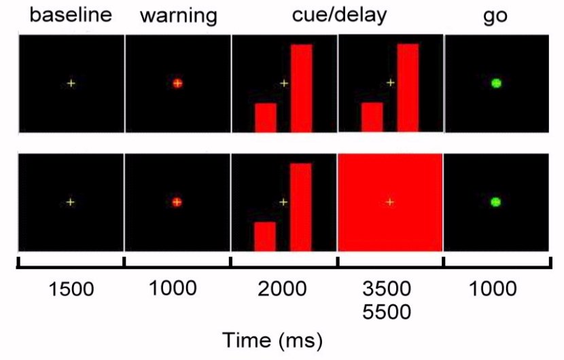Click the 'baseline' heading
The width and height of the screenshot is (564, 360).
click(x=71, y=15)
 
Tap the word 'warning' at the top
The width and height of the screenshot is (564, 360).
click(x=178, y=16)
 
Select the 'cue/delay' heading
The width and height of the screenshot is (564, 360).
click(x=339, y=15)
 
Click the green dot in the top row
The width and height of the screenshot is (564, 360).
click(x=496, y=84)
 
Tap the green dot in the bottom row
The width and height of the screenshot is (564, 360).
click(x=496, y=202)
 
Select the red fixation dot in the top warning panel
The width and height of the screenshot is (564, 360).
click(x=177, y=84)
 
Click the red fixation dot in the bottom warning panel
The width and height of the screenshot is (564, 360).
click(x=177, y=202)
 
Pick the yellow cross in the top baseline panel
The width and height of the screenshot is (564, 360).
click(x=71, y=84)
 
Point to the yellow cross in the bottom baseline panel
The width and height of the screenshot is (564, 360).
click(x=71, y=202)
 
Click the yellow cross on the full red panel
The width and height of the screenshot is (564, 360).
click(x=390, y=202)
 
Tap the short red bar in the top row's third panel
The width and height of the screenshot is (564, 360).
click(x=266, y=117)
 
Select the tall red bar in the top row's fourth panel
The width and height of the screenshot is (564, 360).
click(x=408, y=87)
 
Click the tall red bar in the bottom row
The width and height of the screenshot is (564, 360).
click(x=301, y=206)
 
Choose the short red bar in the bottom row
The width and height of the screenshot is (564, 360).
click(x=265, y=236)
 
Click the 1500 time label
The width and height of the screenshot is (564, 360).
click(x=71, y=289)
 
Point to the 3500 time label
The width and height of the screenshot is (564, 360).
click(x=389, y=289)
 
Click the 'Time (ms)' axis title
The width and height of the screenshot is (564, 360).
click(x=274, y=338)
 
